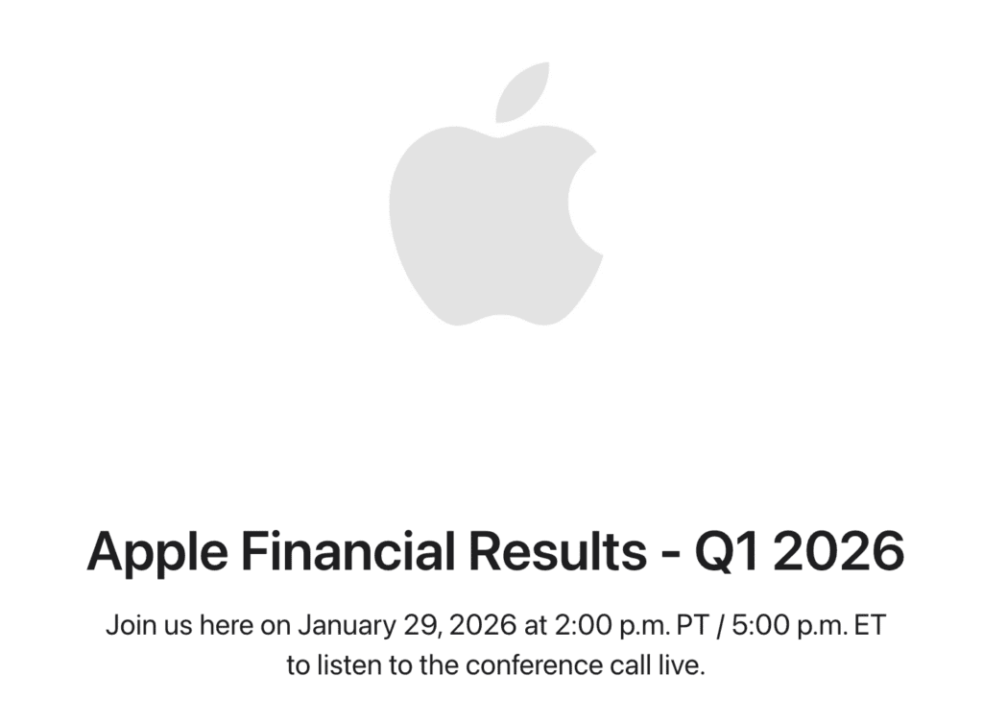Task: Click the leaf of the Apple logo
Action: click(523, 93)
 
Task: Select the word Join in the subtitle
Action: click(127, 626)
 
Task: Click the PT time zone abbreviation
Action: click(689, 626)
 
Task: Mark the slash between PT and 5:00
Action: click(718, 626)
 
